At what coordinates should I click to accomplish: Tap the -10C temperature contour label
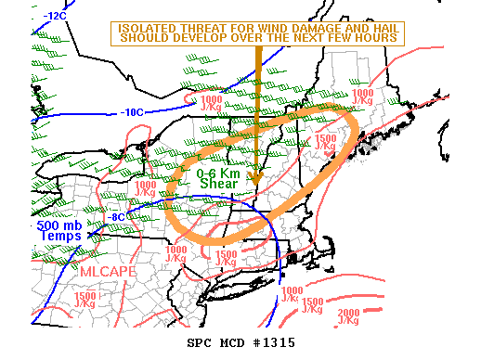pyautogui.click(x=132, y=112)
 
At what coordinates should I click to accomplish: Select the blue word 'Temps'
pyautogui.click(x=60, y=237)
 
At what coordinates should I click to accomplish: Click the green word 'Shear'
pyautogui.click(x=218, y=184)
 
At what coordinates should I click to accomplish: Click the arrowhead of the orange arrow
pyautogui.click(x=258, y=175)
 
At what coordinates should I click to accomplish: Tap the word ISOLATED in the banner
pyautogui.click(x=149, y=28)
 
